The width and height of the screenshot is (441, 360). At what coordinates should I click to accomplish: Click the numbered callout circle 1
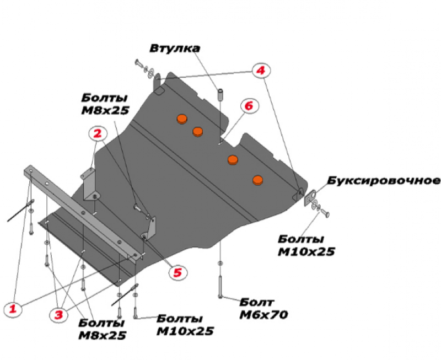[15, 310]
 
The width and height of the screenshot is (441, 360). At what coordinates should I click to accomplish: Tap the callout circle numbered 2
[98, 133]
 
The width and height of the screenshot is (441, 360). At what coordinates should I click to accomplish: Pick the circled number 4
[260, 70]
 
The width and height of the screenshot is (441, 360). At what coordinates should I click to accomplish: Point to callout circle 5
[178, 271]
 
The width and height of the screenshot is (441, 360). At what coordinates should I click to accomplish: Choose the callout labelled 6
[248, 105]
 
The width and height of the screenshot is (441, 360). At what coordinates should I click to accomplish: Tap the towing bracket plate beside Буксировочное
[309, 197]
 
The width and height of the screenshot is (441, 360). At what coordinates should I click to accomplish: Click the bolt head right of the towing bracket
[325, 212]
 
